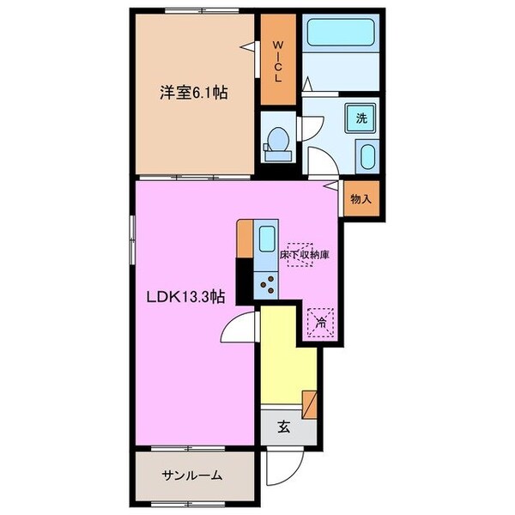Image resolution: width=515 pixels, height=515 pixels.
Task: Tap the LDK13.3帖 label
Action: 185,298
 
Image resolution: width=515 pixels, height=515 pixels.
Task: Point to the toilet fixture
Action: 276,143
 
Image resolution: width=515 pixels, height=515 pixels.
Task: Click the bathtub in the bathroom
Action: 338,35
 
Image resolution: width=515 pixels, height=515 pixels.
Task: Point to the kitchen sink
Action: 265,238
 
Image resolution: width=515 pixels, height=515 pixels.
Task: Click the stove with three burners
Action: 265,281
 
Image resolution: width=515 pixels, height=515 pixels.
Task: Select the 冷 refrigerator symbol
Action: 319,324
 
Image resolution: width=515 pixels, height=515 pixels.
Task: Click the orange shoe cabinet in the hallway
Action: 310,403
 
